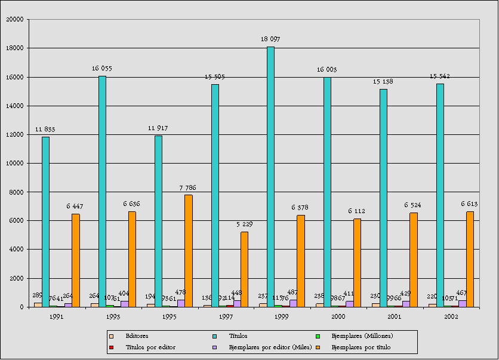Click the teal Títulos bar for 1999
270,177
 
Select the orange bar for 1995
188,251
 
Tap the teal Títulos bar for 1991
45,221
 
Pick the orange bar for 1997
244,269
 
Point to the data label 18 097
270,39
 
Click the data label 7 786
187,187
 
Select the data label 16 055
102,69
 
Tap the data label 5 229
244,224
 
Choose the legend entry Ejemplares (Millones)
362,336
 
